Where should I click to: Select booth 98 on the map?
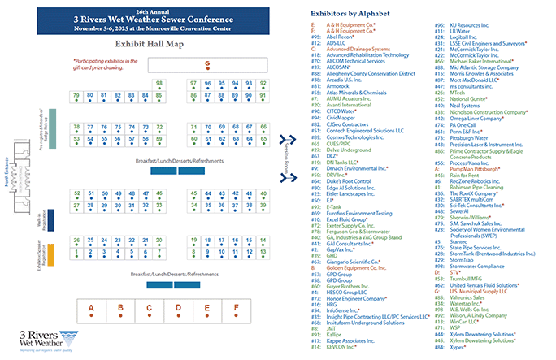[159, 84]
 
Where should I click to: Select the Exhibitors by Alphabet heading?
[354, 15]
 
